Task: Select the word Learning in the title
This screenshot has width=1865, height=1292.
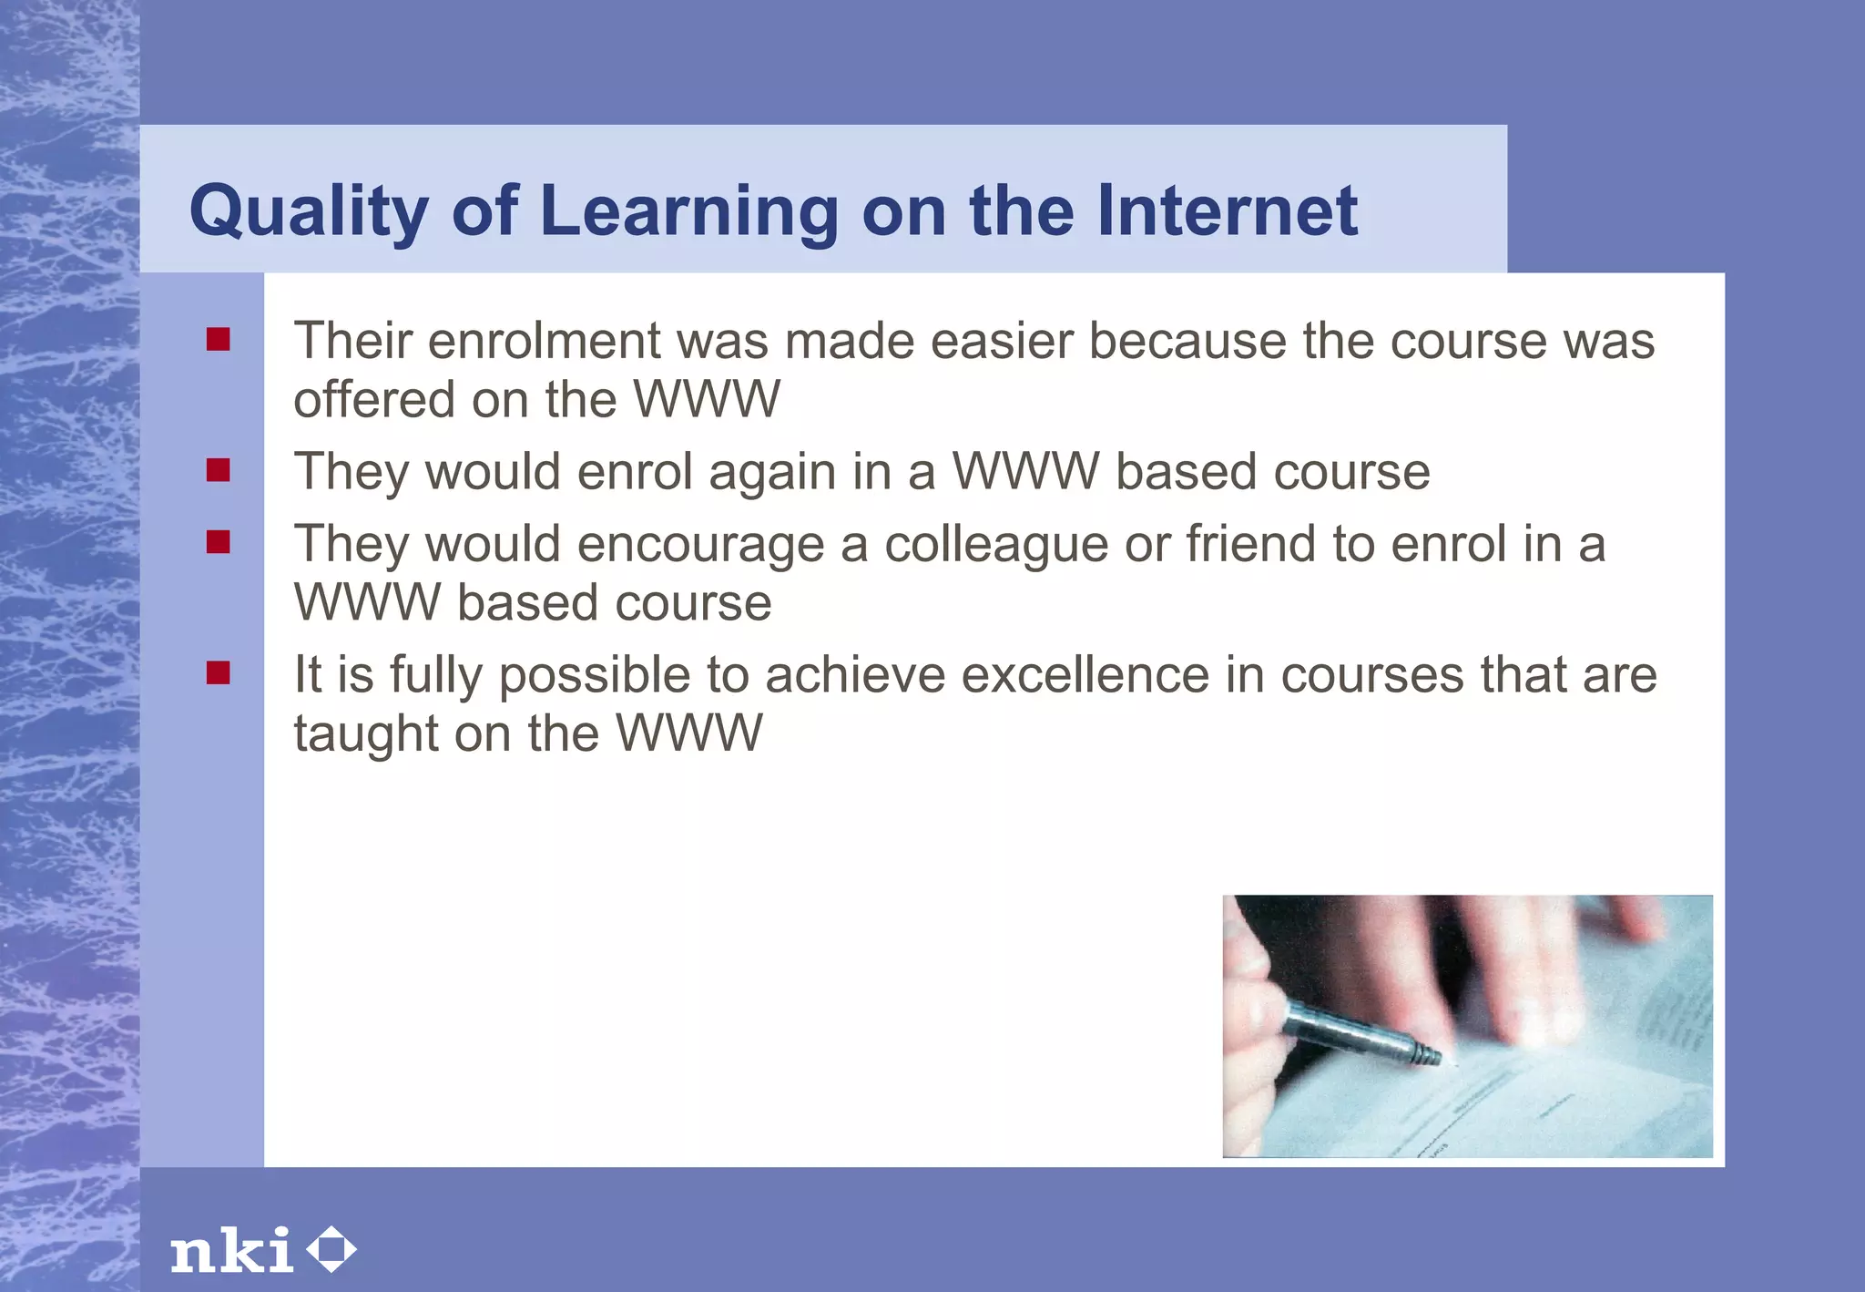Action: [688, 211]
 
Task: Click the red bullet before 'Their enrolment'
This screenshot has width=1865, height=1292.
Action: [218, 340]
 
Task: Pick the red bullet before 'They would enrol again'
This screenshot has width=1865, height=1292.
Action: [218, 470]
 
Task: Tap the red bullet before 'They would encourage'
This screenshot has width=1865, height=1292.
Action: [218, 542]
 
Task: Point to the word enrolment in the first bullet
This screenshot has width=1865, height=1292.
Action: [544, 341]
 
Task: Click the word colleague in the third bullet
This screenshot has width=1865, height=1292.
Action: [996, 545]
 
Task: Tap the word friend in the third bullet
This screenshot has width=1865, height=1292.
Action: [1250, 544]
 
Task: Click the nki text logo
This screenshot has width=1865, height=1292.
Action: [232, 1250]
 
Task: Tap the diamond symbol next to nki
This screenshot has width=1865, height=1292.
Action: [331, 1250]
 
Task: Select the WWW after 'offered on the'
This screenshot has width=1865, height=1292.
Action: [707, 399]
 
